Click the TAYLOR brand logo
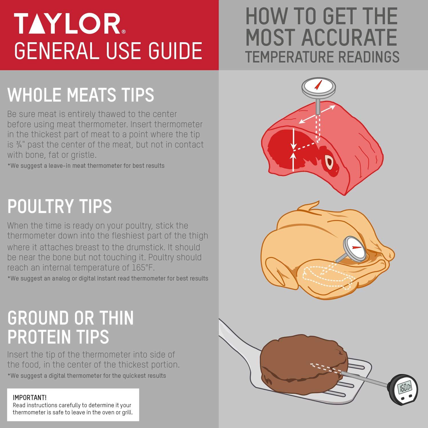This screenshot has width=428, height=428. pos(68,24)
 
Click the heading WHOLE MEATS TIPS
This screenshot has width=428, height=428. pos(81,95)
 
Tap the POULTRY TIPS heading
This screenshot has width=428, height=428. pos(59,206)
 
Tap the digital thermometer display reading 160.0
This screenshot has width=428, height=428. pos(405,387)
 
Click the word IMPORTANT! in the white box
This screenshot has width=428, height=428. pos(30,397)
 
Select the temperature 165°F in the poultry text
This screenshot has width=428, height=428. pos(142,268)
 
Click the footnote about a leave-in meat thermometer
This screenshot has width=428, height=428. pos(86,165)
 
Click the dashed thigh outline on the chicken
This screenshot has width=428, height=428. pos(325,276)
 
